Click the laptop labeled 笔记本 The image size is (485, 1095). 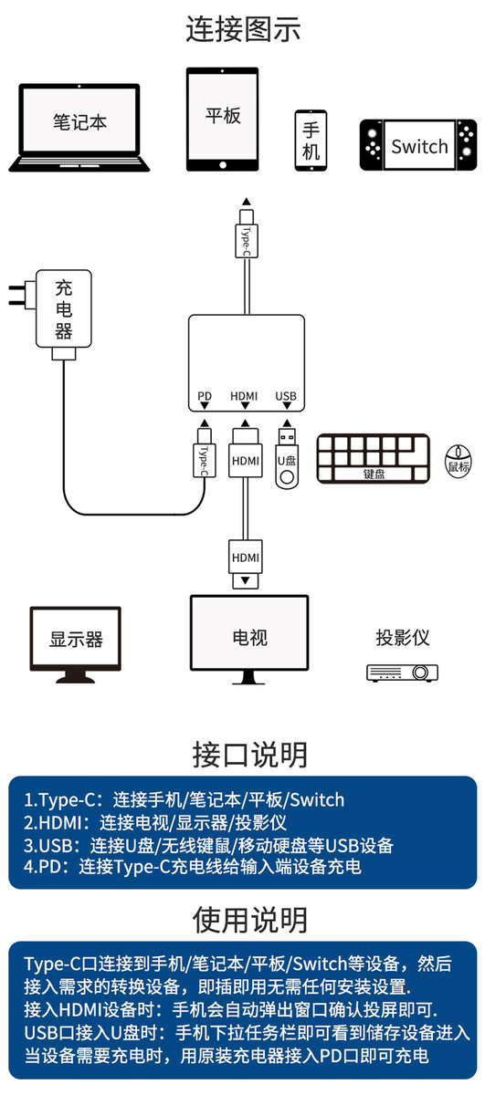[79, 128]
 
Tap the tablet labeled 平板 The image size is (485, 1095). [222, 120]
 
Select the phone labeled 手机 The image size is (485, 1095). [311, 141]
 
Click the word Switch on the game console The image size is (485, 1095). [419, 146]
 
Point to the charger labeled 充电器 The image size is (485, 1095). [64, 309]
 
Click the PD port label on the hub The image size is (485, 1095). [205, 395]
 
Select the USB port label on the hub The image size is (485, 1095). [286, 395]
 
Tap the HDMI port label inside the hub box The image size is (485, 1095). [244, 395]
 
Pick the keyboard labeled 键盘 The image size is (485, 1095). [374, 458]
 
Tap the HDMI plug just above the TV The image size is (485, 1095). [246, 564]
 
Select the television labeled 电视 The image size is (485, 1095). [249, 639]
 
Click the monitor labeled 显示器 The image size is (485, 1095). [76, 644]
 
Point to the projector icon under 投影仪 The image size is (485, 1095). [402, 673]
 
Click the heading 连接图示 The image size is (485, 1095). [243, 29]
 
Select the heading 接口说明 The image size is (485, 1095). [249, 755]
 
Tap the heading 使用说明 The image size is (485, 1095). [249, 920]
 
